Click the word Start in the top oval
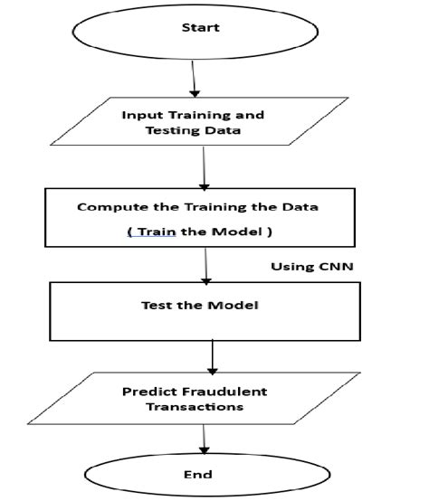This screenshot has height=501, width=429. coord(200,27)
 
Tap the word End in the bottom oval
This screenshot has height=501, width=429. coord(197,475)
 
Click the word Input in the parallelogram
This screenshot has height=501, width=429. coord(141,116)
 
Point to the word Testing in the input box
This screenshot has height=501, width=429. coord(171,132)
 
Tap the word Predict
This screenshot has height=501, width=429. coord(146,392)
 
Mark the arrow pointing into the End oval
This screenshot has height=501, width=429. coord(203,441)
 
